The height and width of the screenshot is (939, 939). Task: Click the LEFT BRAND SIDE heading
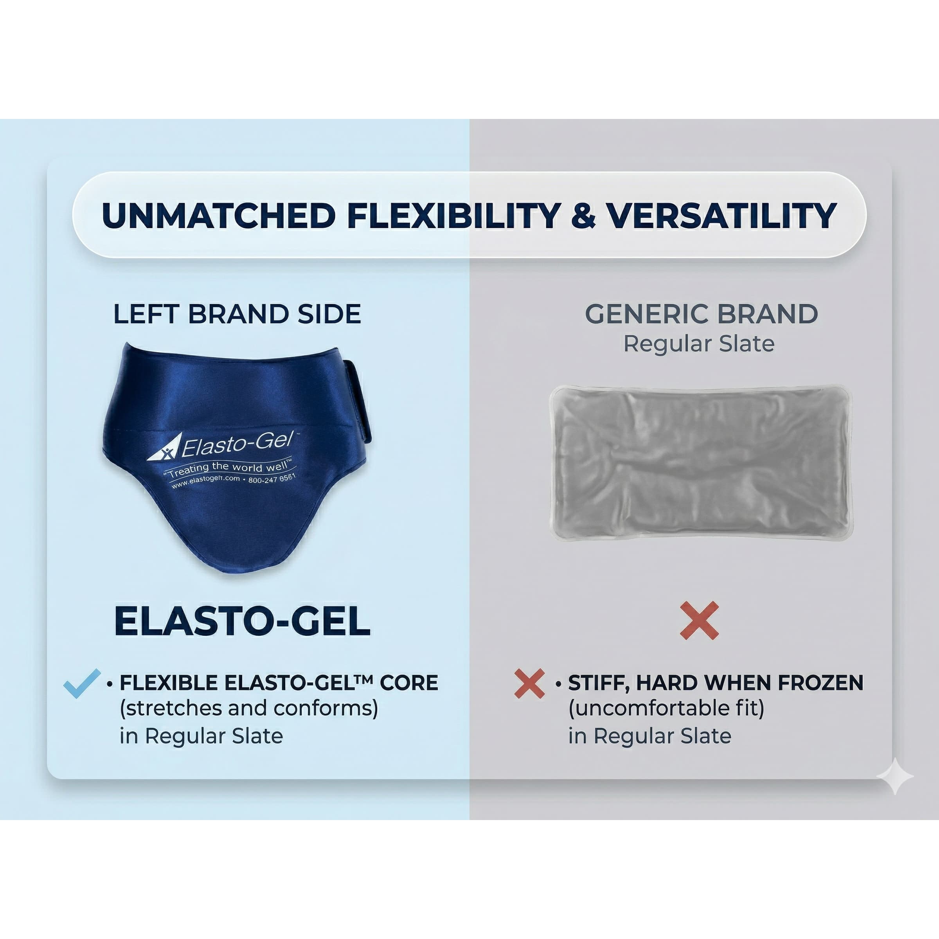point(237,314)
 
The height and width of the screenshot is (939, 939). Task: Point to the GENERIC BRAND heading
point(702,314)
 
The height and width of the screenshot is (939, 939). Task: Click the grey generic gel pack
point(700,462)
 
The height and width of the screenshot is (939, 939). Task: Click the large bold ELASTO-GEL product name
point(242,622)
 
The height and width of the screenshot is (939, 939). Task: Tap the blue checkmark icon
point(82,684)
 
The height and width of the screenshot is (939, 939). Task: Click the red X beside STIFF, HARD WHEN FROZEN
point(529,684)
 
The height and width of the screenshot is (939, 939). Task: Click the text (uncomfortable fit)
point(666,708)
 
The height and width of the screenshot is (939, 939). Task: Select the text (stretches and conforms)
point(249,708)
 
